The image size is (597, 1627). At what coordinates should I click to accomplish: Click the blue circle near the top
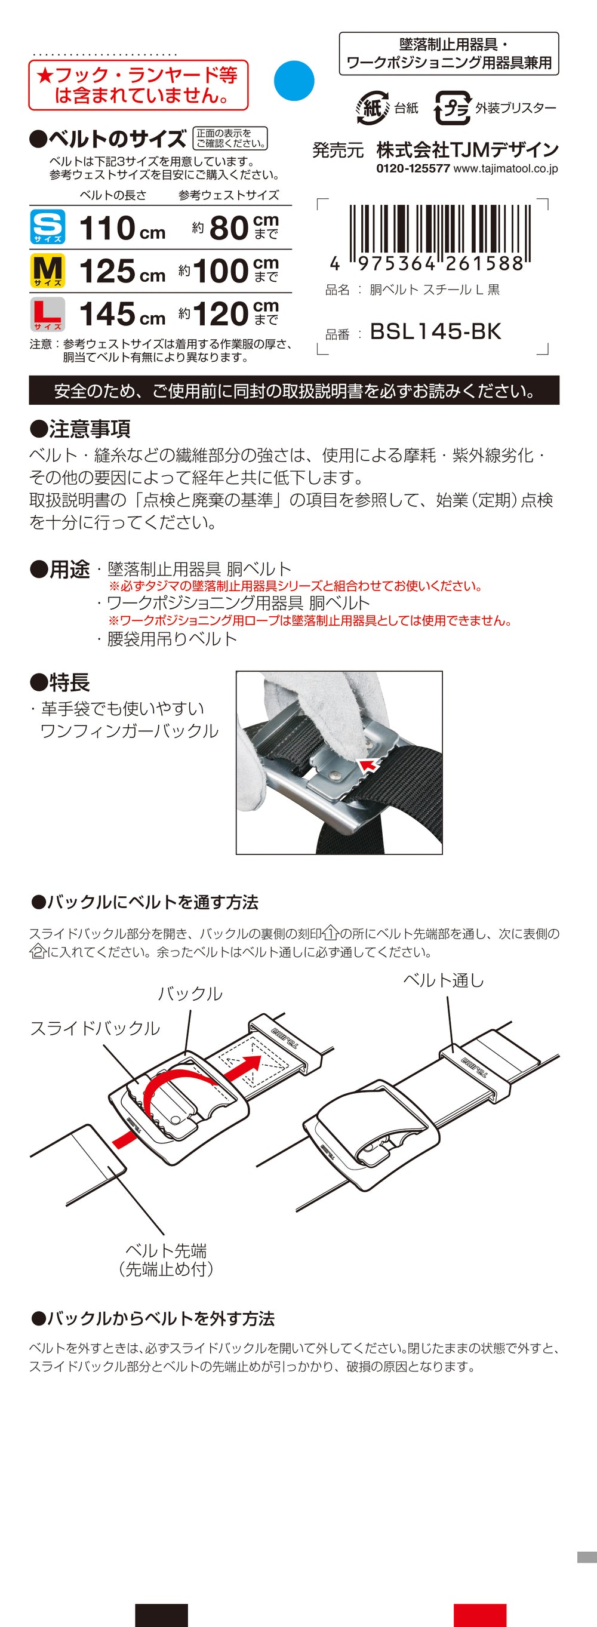coord(294,81)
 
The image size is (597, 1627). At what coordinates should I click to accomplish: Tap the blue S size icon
coord(48,227)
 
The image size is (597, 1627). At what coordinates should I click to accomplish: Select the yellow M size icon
coord(48,270)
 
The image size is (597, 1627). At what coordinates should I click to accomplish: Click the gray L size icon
coord(48,314)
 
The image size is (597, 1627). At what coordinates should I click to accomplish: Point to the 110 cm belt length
coord(122,228)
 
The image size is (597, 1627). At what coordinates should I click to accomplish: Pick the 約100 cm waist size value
coord(228,271)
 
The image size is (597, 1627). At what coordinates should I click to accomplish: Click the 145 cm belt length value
coord(122,314)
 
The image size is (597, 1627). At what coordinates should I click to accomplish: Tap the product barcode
coord(438,235)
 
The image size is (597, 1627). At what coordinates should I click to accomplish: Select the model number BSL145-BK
coord(435,331)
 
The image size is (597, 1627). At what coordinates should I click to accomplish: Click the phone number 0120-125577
coord(413,168)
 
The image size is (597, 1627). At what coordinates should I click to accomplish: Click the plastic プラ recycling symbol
coord(453,108)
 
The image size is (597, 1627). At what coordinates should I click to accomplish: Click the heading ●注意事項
coord(80,429)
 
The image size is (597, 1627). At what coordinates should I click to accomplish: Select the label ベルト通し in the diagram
coord(444,980)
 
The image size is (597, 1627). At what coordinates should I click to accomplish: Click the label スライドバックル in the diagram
coord(95,1028)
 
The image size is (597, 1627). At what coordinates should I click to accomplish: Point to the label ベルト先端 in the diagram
coord(165,1250)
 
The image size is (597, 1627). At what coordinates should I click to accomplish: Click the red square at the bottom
coord(479,1615)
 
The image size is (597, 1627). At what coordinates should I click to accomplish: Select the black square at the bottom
coord(161,1615)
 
